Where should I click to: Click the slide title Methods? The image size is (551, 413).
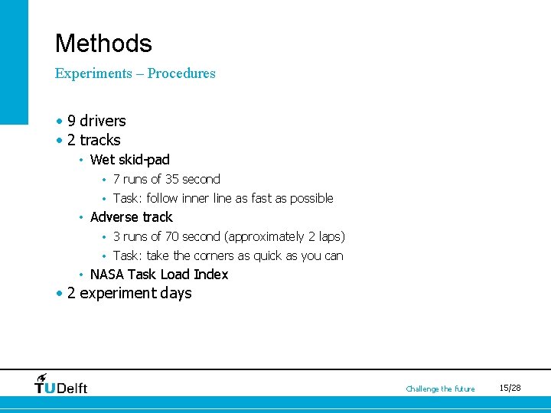pos(103,44)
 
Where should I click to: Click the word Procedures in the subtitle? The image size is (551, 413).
pos(181,73)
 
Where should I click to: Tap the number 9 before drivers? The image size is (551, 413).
pos(71,121)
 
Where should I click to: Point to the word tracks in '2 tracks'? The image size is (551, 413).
pos(100,140)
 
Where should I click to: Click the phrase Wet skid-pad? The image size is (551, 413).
pos(129,160)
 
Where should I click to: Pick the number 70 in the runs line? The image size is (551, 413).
pos(172,236)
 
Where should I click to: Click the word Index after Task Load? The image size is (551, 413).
pos(211,275)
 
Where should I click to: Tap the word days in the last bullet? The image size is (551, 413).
pos(176,294)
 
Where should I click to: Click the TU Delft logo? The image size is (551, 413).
pos(61,384)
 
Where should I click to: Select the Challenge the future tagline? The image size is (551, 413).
pos(440,389)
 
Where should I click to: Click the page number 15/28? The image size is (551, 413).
pos(510,389)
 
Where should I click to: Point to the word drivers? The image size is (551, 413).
pos(103,121)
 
